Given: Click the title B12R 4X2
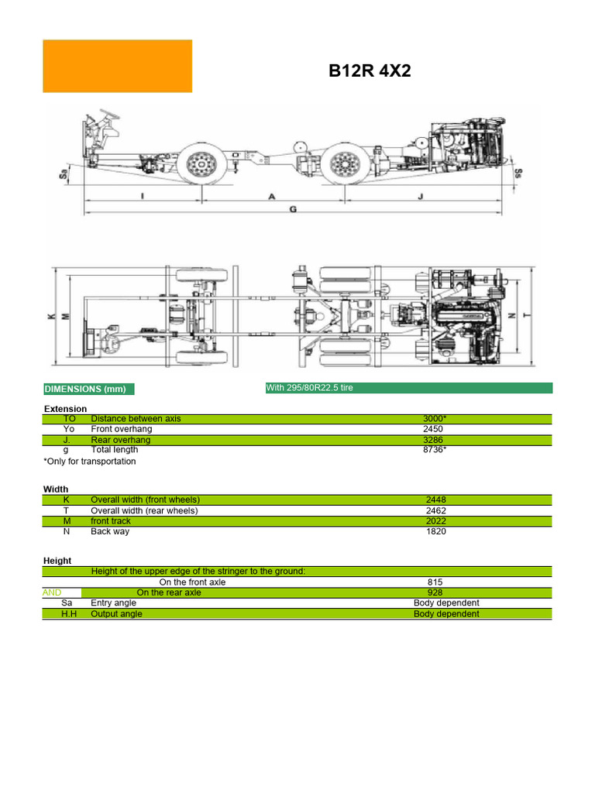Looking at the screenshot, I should coord(370,71).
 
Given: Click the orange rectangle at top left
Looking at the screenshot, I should coord(117,67).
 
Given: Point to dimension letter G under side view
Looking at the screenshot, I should coord(293,209).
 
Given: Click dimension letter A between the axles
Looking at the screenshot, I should coord(272,197).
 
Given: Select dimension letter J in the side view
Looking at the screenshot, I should coord(420,197).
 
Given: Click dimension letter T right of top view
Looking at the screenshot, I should coord(527,316).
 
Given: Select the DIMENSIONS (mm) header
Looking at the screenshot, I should coord(84,389).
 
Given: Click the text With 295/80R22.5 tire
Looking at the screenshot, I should coord(309,387).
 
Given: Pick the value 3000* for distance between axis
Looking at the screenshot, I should coord(435,418).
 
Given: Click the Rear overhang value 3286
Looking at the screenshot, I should coord(435,440).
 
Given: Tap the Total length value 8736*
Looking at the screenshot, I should coord(435,450).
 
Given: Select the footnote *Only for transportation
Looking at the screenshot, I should coord(89,462).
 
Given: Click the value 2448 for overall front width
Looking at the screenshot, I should coord(435,500).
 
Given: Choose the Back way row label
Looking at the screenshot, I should coord(110,531).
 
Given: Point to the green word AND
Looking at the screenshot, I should coord(52,592).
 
